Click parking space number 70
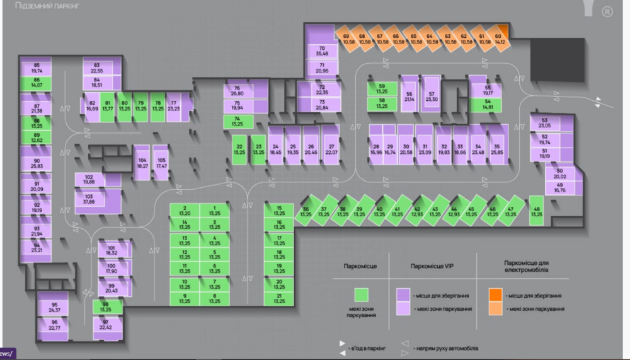click(322, 50)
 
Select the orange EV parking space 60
click(498, 39)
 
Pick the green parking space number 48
click(536, 211)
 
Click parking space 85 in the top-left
click(37, 68)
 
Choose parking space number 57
click(432, 96)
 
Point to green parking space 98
click(105, 307)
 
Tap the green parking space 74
click(238, 122)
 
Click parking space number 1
click(215, 211)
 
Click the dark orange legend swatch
click(496, 294)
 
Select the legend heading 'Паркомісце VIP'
click(432, 266)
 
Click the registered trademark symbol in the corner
click(607, 11)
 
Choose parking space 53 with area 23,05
click(546, 124)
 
